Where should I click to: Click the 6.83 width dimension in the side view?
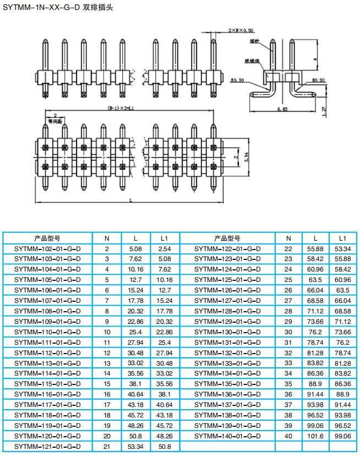click(x=282, y=110)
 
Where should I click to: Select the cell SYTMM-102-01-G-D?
click(x=47, y=248)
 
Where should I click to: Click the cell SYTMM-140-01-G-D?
click(x=227, y=436)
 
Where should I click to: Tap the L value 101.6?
click(x=315, y=436)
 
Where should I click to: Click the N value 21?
click(x=107, y=446)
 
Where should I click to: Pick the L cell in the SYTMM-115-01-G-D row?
click(x=135, y=384)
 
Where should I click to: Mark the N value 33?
click(x=288, y=363)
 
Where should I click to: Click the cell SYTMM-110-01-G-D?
click(x=47, y=332)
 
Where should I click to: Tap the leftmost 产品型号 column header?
click(x=47, y=238)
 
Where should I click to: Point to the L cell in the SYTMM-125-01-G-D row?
click(x=315, y=280)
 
